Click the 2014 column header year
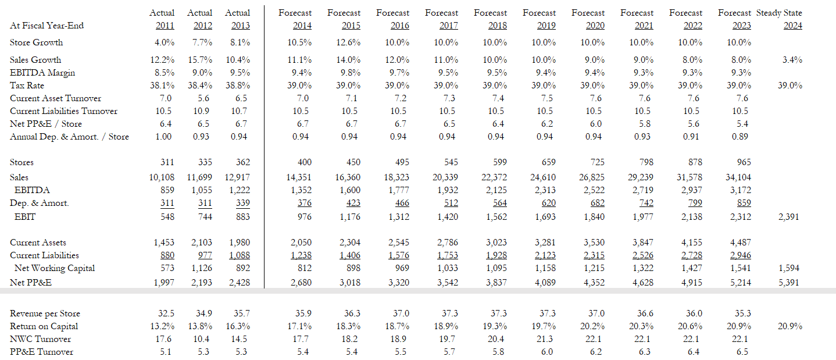click(302, 26)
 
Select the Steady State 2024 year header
click(792, 26)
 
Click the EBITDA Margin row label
click(42, 73)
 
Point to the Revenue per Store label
click(45, 313)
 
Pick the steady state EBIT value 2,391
click(788, 217)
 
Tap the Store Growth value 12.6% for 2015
click(351, 42)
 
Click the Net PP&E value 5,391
click(788, 283)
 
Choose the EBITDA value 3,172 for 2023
click(739, 190)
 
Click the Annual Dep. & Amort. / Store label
click(70, 137)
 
